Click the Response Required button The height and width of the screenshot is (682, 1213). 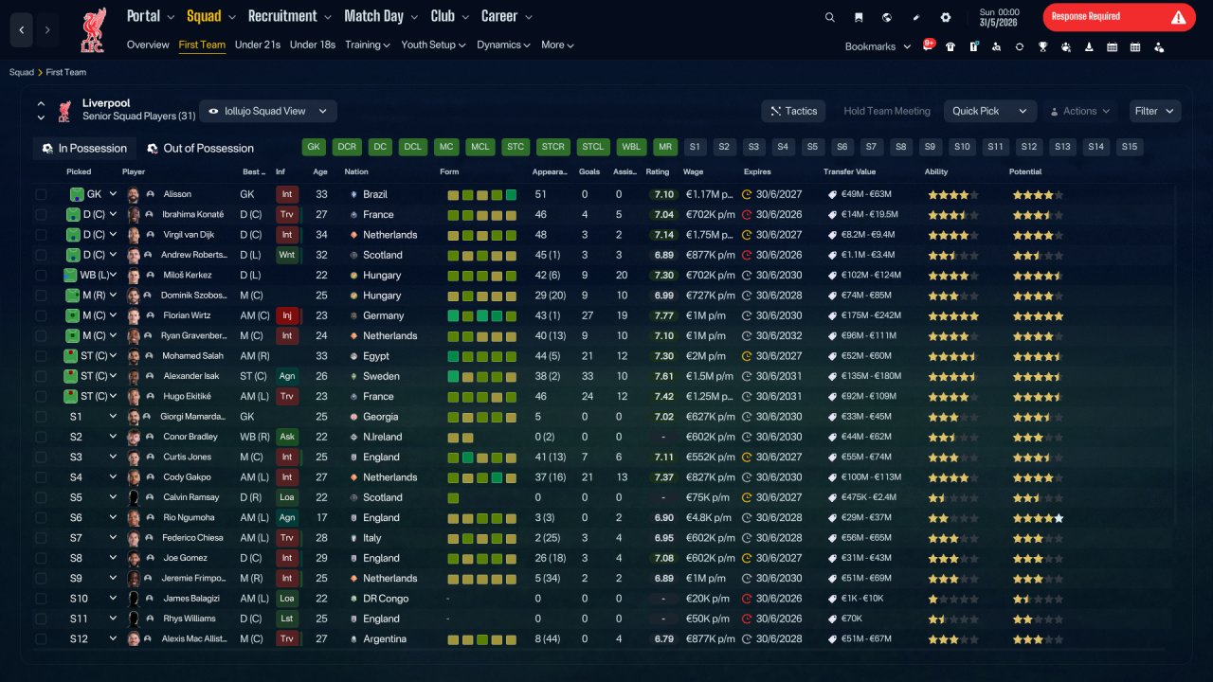[1119, 17]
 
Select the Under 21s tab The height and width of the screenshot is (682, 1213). [257, 45]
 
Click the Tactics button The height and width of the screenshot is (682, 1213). [793, 111]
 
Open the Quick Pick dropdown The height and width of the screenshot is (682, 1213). [989, 111]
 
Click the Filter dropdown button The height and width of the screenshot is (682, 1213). [1154, 111]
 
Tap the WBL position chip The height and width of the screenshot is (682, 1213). [631, 147]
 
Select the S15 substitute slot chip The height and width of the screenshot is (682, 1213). [1129, 147]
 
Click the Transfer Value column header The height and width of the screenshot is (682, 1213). [849, 171]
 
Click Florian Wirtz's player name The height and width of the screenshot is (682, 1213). [187, 315]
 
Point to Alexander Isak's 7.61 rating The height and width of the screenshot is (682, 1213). [663, 376]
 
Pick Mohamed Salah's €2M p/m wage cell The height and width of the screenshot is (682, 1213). [705, 356]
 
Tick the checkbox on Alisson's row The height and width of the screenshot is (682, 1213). [41, 194]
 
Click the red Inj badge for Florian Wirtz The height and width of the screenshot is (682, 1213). [287, 315]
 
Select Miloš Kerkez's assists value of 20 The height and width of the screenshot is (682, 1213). [621, 275]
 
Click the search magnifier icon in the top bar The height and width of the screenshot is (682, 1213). [829, 17]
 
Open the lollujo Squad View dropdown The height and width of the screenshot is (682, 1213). [268, 111]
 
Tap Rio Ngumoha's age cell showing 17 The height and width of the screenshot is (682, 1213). [321, 517]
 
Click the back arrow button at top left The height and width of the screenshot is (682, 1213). [22, 29]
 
